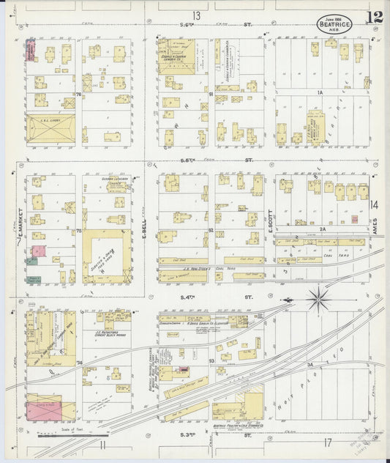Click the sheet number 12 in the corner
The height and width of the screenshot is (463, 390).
375,17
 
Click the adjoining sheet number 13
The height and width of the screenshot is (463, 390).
195,15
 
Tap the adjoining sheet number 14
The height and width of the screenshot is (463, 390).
374,204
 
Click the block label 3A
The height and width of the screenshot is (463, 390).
310,363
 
